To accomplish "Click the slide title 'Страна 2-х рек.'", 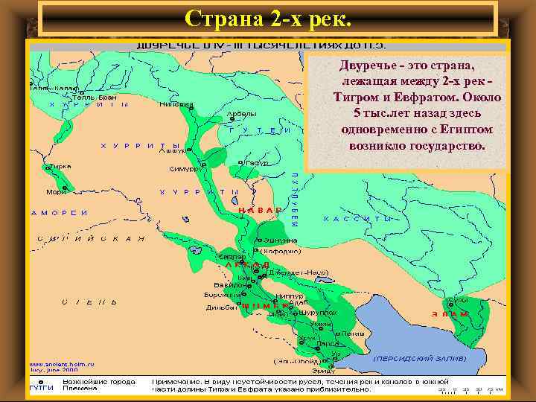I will [268, 18].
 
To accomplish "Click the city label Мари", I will [56, 192].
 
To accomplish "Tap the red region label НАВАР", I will [260, 210].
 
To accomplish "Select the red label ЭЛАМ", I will [450, 314].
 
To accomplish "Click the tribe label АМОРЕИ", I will [60, 213].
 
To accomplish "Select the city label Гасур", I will [257, 162].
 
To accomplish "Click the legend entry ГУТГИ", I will [40, 389].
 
